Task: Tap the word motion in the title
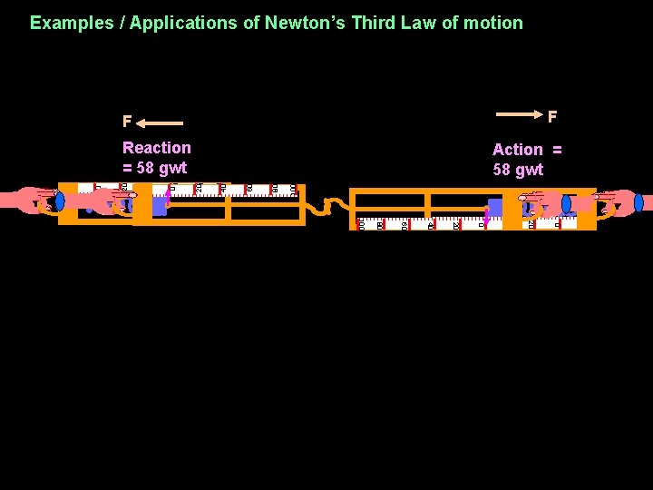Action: pos(493,23)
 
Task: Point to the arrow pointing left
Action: pos(162,122)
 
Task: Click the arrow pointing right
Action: pos(519,115)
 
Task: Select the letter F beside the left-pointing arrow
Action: pos(127,122)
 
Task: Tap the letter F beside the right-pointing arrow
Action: pos(551,116)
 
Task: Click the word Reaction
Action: pos(157,148)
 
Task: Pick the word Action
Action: pos(518,150)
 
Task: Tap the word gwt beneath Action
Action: pos(530,170)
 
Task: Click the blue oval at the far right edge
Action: pos(638,202)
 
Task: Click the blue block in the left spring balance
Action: pos(159,207)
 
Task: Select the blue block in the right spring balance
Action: pos(496,208)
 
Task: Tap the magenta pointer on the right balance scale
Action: pos(486,215)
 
